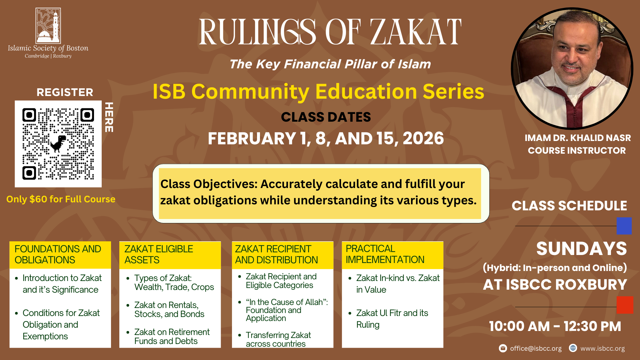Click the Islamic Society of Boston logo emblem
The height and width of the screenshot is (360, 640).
point(48,26)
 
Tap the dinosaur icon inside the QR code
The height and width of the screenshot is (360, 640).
point(58,143)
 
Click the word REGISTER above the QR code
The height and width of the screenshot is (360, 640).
point(65,92)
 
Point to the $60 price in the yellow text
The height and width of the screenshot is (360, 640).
point(38,199)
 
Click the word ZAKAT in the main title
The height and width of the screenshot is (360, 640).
point(416,32)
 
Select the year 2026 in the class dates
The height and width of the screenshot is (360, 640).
point(423,138)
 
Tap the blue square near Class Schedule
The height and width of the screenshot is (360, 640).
point(624,226)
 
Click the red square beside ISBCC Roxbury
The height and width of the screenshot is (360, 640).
point(625,305)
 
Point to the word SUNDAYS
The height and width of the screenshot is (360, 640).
point(581,249)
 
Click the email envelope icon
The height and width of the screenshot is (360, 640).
point(503,348)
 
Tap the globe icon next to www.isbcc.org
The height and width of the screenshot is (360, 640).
point(573,348)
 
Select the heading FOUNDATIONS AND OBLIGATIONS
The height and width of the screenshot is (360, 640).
point(58,254)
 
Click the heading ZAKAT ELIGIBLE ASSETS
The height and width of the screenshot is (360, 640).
point(159,254)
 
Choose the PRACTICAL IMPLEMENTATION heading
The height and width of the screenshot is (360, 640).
point(385,254)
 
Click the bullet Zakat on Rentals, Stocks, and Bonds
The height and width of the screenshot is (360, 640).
point(169,309)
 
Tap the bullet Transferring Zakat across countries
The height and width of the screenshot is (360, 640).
point(278,339)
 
